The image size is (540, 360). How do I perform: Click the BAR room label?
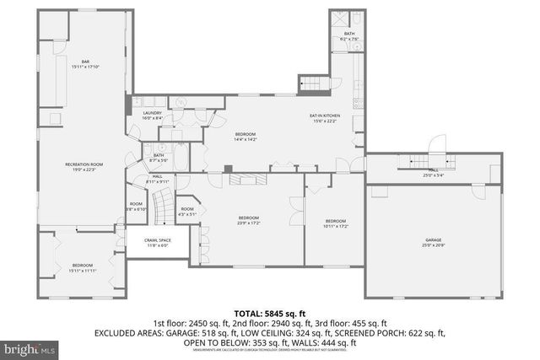point(85,61)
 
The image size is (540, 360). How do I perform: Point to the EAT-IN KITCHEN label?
point(324,116)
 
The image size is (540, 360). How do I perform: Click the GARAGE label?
point(433,240)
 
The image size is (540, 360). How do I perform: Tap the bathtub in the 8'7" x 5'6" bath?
point(178,135)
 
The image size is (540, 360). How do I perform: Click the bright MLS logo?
point(29,347)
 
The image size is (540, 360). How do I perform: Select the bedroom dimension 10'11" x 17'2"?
point(336,226)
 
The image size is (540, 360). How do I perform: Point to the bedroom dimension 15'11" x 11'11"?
point(82,270)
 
